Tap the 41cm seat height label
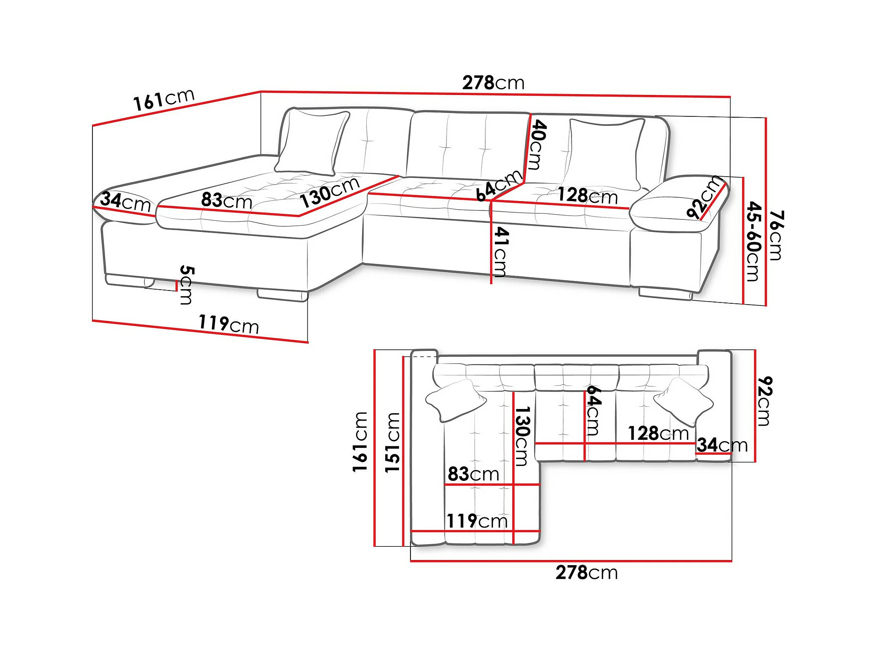click(500, 252)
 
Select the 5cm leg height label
click(187, 285)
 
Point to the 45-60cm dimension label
click(754, 241)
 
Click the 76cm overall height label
click(776, 235)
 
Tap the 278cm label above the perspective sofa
click(493, 83)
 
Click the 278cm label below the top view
click(586, 572)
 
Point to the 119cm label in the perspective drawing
click(229, 324)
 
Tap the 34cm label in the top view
click(722, 445)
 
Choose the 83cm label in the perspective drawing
click(226, 200)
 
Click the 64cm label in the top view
click(593, 410)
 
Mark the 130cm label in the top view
click(522, 436)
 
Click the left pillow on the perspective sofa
click(312, 142)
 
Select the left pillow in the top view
click(455, 400)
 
